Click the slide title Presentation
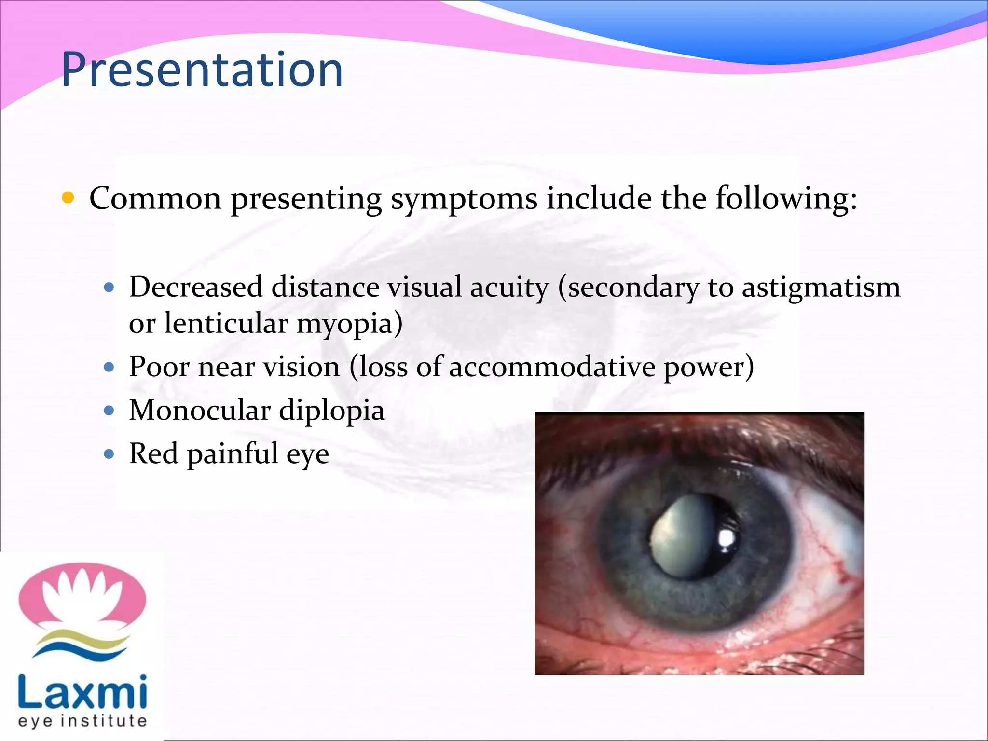click(202, 71)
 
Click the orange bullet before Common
click(69, 198)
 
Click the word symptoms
click(464, 200)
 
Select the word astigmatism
click(821, 288)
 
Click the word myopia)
click(350, 324)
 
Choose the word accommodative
click(552, 367)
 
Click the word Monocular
click(200, 411)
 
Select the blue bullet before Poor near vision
click(110, 367)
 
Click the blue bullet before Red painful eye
click(110, 454)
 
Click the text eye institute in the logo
click(82, 721)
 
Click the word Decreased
click(196, 288)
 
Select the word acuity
click(509, 288)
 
